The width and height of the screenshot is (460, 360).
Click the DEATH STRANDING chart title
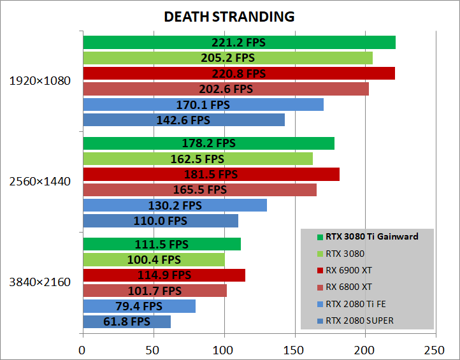coord(229,17)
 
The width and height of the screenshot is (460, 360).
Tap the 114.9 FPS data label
coord(164,275)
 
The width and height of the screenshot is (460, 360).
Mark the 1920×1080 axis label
coord(40,81)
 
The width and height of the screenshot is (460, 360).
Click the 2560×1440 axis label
coord(40,182)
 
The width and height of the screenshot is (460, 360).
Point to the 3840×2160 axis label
coord(40,282)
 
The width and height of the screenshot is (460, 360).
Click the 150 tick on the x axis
coord(294,349)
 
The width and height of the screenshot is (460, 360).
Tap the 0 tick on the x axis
coord(82,349)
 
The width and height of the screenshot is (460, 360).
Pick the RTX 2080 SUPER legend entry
coord(359,320)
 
